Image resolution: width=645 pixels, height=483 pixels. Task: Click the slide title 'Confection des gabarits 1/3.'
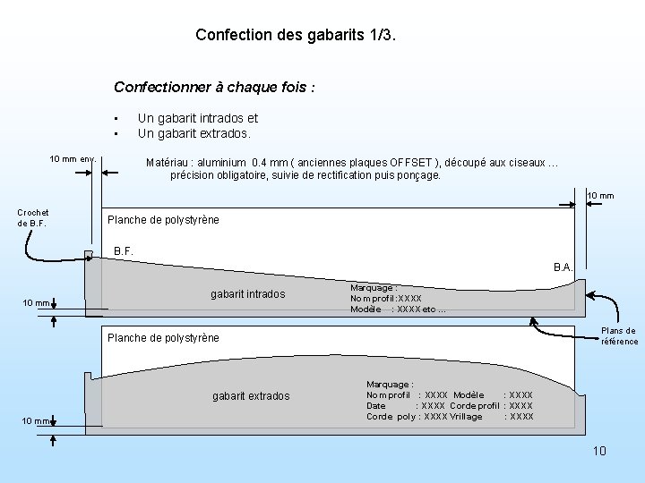pos(295,36)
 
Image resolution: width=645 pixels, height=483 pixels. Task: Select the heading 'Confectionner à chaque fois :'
pos(214,88)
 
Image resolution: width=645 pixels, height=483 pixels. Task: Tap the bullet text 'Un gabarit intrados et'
pos(198,118)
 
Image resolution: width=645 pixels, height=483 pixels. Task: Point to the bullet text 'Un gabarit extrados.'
pos(194,133)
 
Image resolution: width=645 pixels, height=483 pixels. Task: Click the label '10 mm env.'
pos(73,159)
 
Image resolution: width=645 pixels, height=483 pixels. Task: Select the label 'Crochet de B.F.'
pos(32,217)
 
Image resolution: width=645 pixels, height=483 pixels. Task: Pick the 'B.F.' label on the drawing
pos(124,251)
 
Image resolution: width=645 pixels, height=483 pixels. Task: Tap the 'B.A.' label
pos(563,267)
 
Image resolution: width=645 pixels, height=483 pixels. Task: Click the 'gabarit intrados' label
pos(248,294)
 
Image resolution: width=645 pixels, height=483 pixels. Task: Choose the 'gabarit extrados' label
pos(251,395)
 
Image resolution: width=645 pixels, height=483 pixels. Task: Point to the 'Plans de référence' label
pos(619,336)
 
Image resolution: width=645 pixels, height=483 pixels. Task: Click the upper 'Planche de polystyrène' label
pos(163,220)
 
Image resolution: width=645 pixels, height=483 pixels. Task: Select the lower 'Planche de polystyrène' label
pos(163,338)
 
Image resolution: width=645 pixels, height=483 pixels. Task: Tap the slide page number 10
pos(599,451)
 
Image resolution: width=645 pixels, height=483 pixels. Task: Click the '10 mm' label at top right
pos(600,196)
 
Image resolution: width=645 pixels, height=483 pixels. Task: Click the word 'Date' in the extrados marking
pos(376,405)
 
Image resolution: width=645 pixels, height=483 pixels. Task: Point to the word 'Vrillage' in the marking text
pos(466,416)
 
